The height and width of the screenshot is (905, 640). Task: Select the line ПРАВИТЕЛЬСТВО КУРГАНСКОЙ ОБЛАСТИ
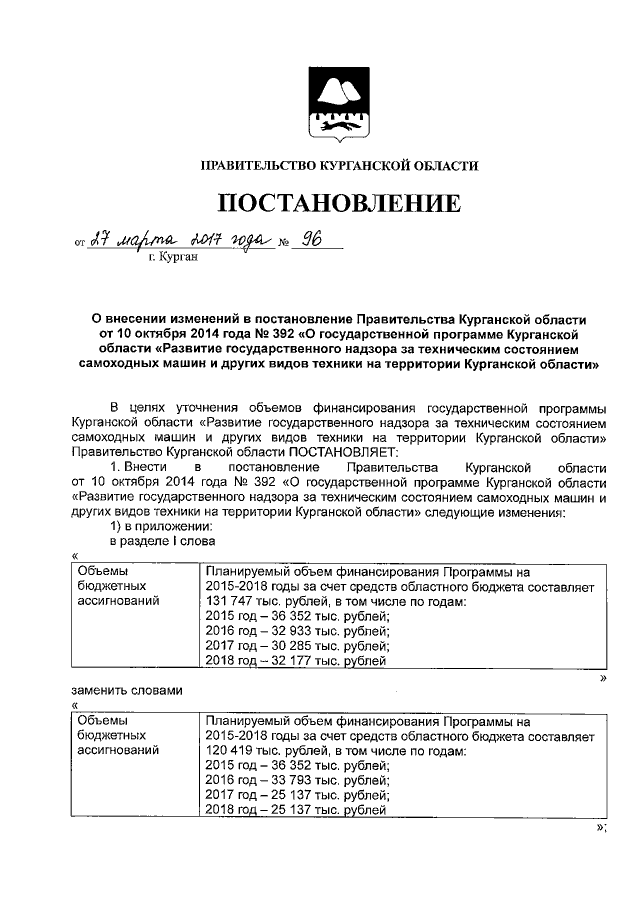click(x=339, y=166)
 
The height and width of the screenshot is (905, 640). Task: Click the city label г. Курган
click(x=172, y=257)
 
